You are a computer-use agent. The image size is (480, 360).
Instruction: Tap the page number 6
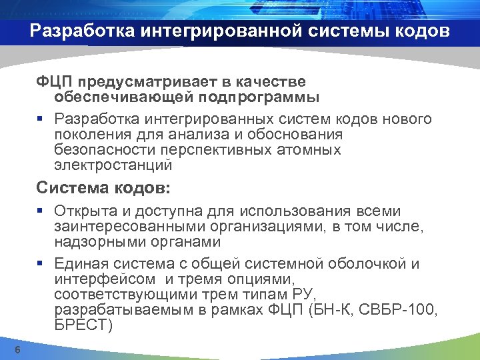pos(18,351)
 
